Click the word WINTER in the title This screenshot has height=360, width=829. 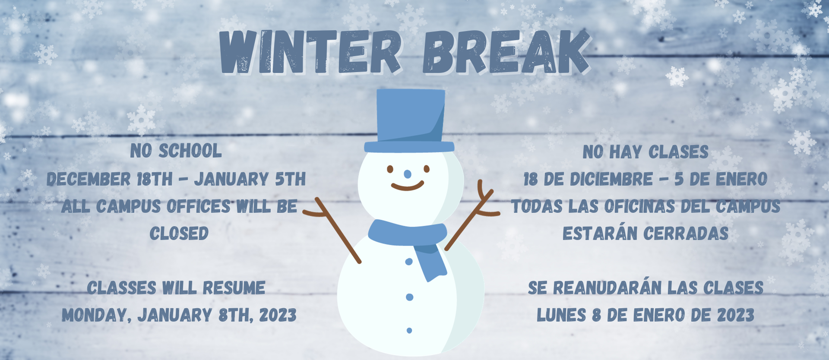(310, 52)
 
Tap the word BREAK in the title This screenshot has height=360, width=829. (506, 52)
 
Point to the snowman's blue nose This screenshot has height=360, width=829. (408, 174)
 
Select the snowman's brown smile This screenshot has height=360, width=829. (408, 186)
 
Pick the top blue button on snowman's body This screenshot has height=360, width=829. (409, 262)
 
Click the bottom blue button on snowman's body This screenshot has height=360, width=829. (409, 331)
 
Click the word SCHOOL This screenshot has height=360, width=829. (190, 151)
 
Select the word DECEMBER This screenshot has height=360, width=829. (89, 179)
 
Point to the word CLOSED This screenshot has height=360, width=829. (179, 234)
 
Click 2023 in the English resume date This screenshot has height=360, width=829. (278, 316)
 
